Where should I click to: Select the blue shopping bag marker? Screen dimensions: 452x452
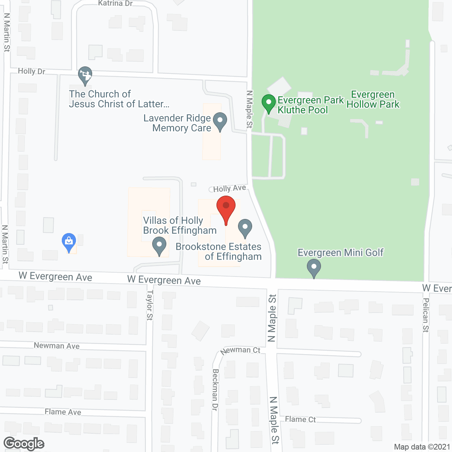pos(69,242)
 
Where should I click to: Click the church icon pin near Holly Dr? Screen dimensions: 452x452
pos(85,76)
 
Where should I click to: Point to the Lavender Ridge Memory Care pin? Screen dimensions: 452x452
pos(220,121)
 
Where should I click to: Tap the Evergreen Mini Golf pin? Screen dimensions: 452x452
pos(314,268)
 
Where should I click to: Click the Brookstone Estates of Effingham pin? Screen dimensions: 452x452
pos(245,228)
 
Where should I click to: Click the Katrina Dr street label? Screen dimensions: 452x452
pos(115,4)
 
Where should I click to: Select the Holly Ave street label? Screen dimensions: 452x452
pos(230,189)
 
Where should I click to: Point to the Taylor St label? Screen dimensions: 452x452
pos(150,305)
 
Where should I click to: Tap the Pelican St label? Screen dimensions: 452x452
pos(426,315)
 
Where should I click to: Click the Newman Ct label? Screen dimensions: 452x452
pos(240,350)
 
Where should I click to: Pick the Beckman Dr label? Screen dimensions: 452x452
pos(215,390)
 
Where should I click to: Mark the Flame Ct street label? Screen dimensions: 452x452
pos(300,419)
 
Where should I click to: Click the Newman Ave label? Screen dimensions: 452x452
pos(56,346)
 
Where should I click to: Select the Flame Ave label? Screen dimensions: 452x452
pos(63,412)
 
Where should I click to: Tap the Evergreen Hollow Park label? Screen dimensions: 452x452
pos(373,100)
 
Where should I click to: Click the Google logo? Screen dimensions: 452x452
pos(24,444)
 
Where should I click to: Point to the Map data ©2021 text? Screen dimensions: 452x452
pos(422,447)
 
